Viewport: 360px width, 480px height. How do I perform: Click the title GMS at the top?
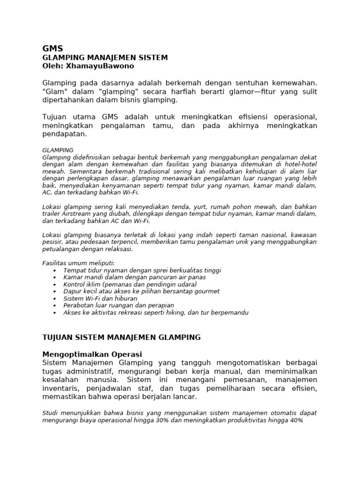[x=52, y=48]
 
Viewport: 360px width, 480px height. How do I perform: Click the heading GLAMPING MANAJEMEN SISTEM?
[x=105, y=57]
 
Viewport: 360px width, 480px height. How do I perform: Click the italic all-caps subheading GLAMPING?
[x=58, y=150]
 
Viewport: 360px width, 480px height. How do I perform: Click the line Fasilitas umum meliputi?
[x=78, y=263]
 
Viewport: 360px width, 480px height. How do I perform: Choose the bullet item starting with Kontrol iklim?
[x=130, y=284]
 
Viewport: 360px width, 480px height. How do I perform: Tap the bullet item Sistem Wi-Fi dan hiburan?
[x=100, y=298]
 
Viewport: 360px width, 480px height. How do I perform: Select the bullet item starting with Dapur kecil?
[x=141, y=291]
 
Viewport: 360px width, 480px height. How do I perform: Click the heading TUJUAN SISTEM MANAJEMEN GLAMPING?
[x=121, y=337]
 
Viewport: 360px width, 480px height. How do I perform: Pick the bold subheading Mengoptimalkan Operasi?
[x=92, y=354]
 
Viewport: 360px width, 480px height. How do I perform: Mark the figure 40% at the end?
[x=296, y=420]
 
